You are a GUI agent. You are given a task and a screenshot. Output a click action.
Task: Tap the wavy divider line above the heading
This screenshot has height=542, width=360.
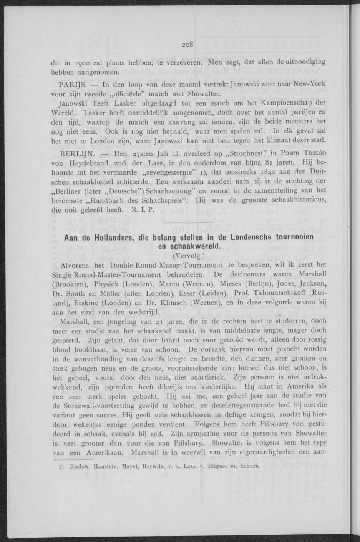tap(188, 223)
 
